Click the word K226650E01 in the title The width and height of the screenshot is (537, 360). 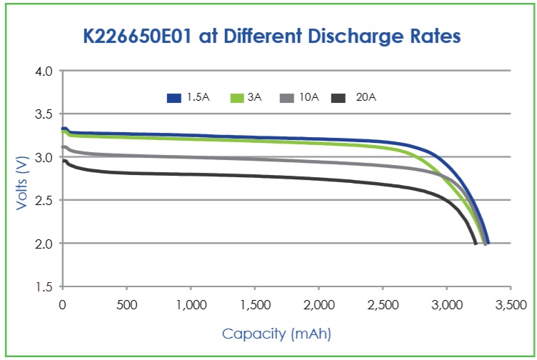pos(137,36)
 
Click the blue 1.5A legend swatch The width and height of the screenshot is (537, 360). pos(174,98)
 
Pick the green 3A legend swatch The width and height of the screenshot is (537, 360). pos(237,98)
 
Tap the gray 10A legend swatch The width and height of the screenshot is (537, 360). pos(286,98)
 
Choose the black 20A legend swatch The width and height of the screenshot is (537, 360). pos(338,98)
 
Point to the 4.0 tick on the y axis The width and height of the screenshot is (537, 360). pos(44,71)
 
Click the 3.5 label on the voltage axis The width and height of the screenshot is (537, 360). pos(44,114)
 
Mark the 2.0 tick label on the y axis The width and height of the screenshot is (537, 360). pos(44,244)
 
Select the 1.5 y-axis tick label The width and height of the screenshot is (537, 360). pos(44,286)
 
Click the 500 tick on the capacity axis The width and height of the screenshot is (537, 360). pos(126,304)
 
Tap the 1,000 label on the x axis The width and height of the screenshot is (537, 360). pos(191,304)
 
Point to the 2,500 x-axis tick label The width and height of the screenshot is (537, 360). pos(383,304)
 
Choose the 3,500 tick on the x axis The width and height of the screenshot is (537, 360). pos(511,304)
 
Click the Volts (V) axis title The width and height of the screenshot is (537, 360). pos(21,183)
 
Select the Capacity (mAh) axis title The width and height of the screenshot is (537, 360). pos(277,334)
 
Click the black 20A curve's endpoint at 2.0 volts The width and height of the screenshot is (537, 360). pos(476,244)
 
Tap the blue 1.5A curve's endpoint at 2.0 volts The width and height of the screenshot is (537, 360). pos(488,243)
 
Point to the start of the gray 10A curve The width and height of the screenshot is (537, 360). pos(63,147)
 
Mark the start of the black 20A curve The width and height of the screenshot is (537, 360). pos(64,161)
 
